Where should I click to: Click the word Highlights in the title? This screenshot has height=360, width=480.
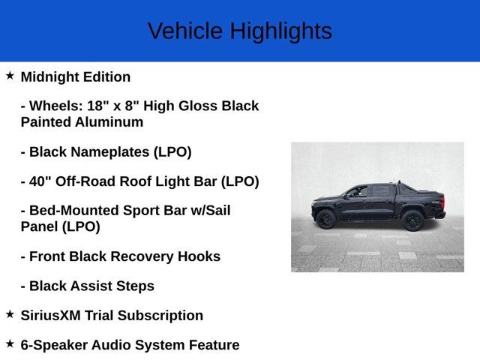(280, 31)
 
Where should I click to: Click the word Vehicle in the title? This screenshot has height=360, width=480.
(185, 31)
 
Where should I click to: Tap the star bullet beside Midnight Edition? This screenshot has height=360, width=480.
(10, 76)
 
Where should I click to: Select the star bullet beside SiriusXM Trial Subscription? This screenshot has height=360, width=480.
(10, 314)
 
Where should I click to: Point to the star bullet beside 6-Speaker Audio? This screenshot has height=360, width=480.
(10, 343)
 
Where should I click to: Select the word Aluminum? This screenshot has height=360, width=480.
(112, 121)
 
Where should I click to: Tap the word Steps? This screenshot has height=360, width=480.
(134, 286)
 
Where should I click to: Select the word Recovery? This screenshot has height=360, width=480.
(145, 256)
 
